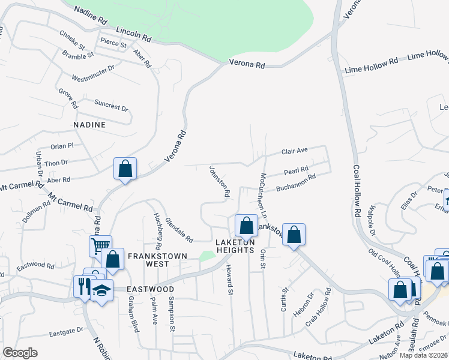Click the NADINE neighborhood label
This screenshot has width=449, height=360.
(89, 125)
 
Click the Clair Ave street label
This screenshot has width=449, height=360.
(294, 151)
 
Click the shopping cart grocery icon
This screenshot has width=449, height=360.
(100, 245)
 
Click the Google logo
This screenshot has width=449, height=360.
(20, 353)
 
